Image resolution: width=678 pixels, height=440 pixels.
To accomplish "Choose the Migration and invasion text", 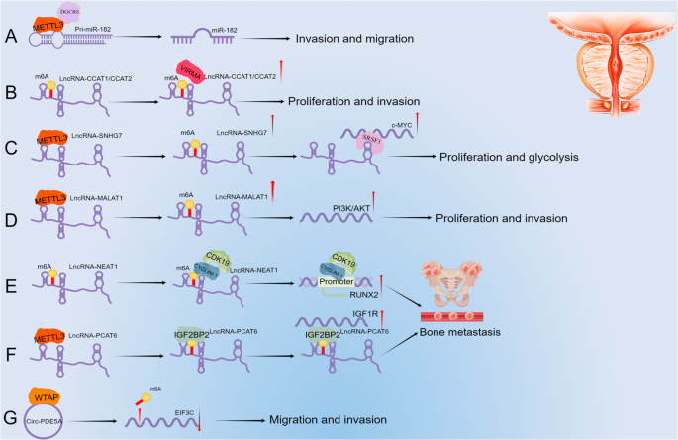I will coord(332,420).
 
